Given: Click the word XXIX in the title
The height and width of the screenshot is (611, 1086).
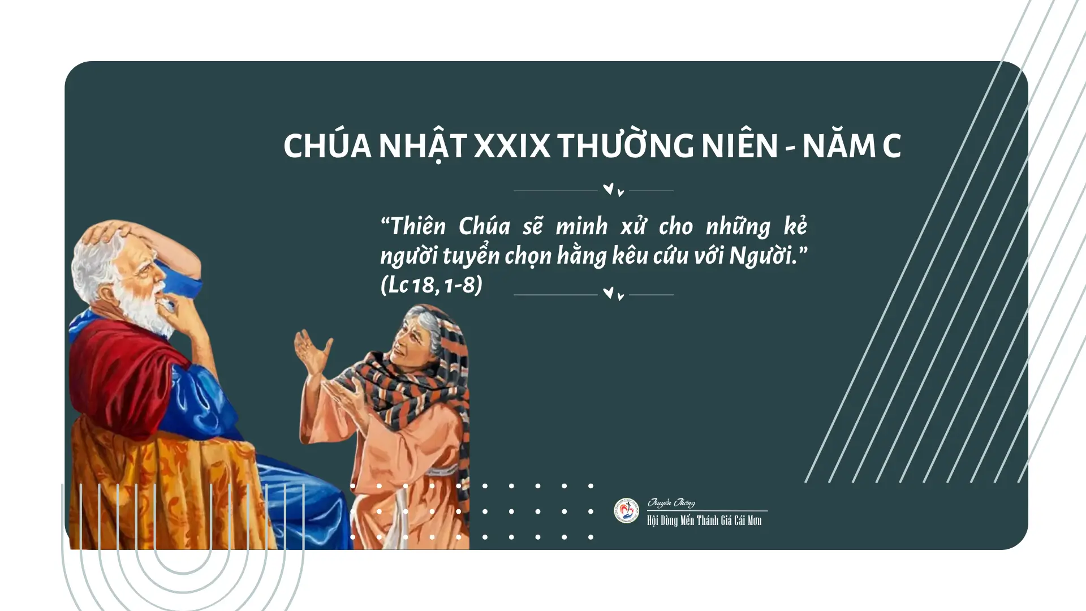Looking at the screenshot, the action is [x=511, y=146].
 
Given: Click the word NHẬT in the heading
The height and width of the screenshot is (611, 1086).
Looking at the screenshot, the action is [x=422, y=146].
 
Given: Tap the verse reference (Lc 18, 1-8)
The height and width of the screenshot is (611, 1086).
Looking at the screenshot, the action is [x=432, y=285].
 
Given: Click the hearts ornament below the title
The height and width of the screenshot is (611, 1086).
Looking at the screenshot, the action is [x=613, y=190].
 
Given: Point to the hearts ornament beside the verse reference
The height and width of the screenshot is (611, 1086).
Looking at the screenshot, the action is [x=613, y=294].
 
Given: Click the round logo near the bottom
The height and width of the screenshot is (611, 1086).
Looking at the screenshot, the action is [x=627, y=510].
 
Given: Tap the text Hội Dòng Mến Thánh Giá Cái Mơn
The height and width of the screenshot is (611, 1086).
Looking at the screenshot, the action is [x=704, y=520].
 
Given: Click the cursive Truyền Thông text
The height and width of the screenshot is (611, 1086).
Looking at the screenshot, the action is [x=671, y=503].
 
